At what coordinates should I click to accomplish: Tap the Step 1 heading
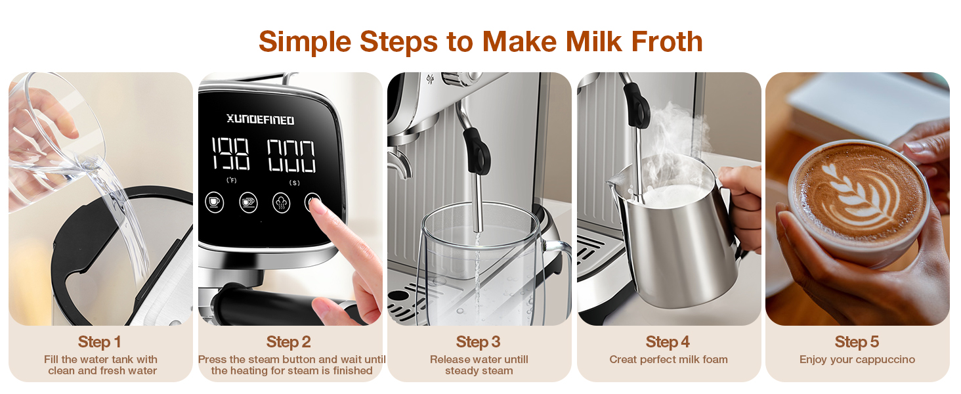100,342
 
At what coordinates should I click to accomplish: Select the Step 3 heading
479,342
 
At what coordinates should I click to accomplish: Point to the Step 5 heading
857,342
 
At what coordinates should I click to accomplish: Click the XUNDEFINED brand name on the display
261,120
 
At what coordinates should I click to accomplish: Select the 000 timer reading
291,156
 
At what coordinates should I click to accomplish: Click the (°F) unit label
232,180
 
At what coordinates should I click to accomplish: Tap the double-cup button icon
248,202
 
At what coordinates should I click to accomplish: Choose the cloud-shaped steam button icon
282,202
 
